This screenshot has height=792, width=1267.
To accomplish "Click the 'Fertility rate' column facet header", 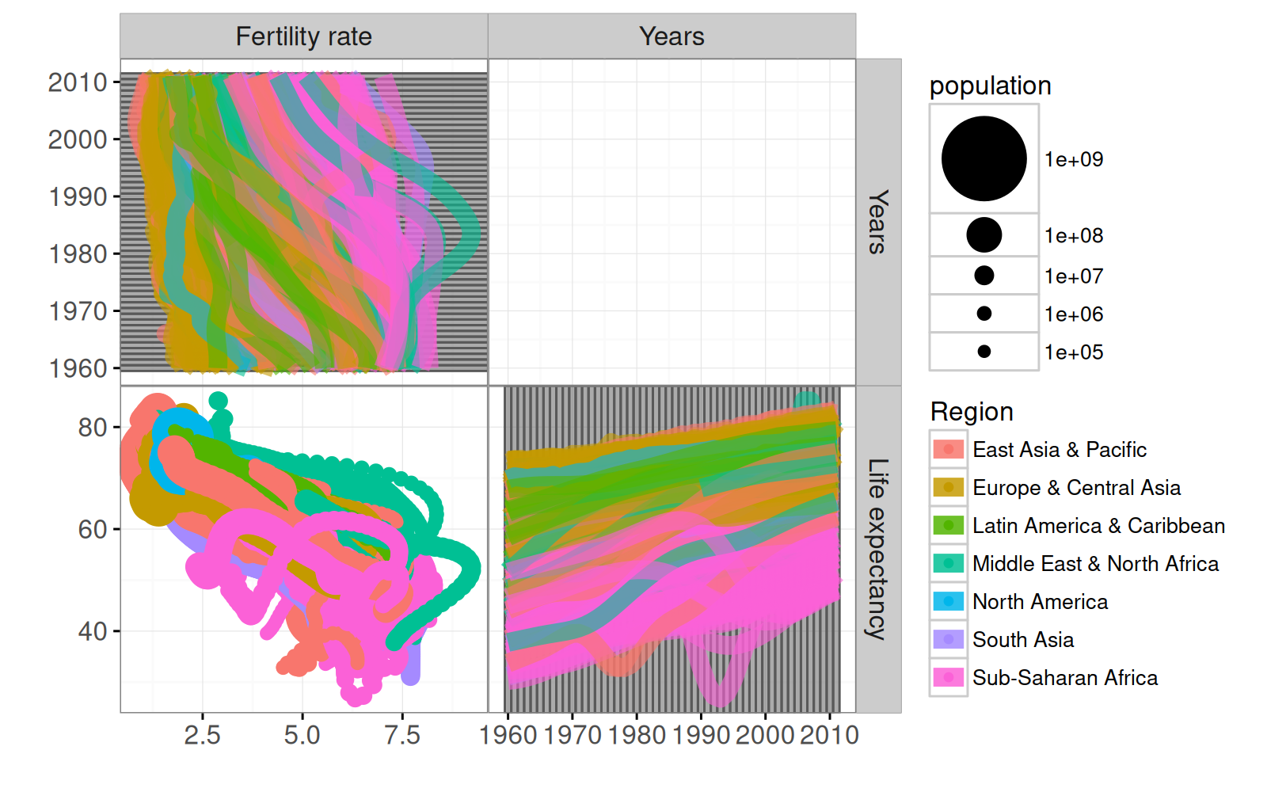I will tap(303, 36).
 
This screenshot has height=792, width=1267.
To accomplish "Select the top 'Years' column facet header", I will tap(672, 36).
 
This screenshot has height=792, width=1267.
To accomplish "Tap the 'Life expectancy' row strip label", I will tap(877, 549).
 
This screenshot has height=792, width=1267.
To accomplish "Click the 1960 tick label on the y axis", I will tap(78, 368).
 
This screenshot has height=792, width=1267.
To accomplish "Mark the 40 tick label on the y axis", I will tap(92, 631).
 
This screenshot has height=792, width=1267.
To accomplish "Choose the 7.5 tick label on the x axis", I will tap(401, 736).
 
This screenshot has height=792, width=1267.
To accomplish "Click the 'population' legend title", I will tap(990, 86).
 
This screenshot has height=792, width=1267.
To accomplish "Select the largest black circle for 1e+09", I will tap(984, 158).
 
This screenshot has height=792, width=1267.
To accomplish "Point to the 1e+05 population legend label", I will tap(1073, 352).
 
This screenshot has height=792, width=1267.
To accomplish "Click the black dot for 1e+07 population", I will tap(984, 276).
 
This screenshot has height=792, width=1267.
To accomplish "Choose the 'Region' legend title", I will tap(972, 412).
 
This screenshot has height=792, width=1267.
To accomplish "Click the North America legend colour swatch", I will tap(948, 602).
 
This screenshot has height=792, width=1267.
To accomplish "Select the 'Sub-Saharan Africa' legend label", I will tap(1064, 678).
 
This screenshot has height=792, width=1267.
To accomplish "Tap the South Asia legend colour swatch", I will tap(948, 640).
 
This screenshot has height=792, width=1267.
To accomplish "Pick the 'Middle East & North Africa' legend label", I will tap(1095, 564).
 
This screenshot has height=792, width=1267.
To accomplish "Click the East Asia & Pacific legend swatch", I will tap(948, 450).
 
